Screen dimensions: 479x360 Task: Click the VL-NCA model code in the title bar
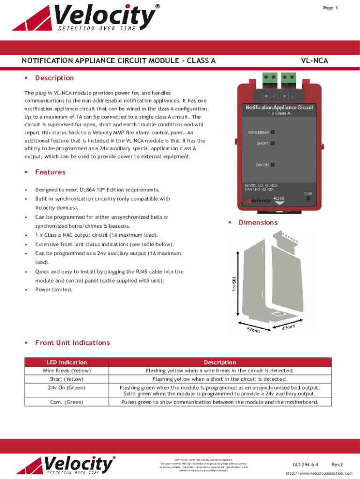[314, 61]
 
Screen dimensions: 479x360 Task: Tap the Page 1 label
[330, 8]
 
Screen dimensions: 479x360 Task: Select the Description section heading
[54, 78]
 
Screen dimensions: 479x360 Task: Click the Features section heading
[50, 172]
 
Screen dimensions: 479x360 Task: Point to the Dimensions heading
[258, 223]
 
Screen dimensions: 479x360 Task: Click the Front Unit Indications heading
[72, 343]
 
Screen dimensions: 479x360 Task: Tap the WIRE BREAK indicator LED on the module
[273, 132]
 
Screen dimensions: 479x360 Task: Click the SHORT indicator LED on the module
[273, 144]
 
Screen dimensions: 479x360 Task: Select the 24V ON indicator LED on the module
[273, 165]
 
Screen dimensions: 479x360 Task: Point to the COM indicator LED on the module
[308, 198]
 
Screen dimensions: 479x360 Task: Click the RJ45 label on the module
[279, 198]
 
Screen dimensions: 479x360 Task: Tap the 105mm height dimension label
[233, 283]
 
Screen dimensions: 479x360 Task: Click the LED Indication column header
[66, 362]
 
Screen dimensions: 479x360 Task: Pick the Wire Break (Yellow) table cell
[66, 370]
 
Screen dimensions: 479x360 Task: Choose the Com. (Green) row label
[66, 402]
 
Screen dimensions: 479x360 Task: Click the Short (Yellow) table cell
[66, 379]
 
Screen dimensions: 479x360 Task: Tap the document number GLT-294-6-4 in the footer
[306, 464]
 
